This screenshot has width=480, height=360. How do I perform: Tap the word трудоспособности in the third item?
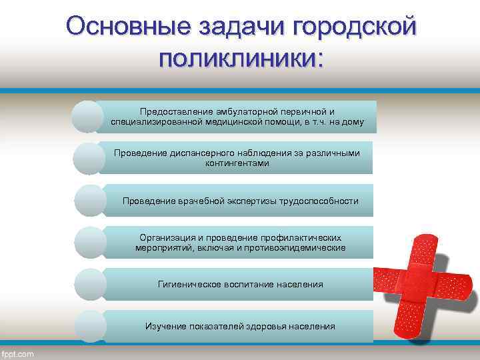pos(318,201)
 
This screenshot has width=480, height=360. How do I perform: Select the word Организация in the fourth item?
pos(167,237)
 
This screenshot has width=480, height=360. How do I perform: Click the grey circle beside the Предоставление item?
pos(89,117)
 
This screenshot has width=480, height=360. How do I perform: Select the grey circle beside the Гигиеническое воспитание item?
pos(90,285)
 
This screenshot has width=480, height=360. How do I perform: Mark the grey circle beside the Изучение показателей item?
pos(90,327)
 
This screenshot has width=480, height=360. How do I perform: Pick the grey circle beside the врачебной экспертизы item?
pos(90,201)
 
